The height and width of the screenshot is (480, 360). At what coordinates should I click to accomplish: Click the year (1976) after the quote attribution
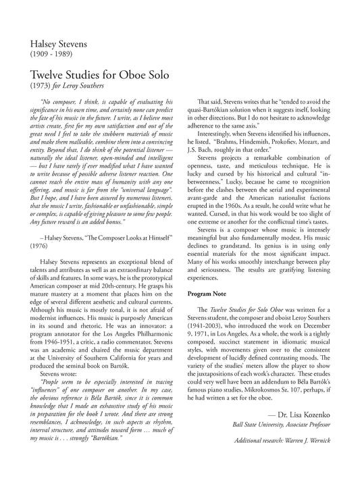click(41, 248)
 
